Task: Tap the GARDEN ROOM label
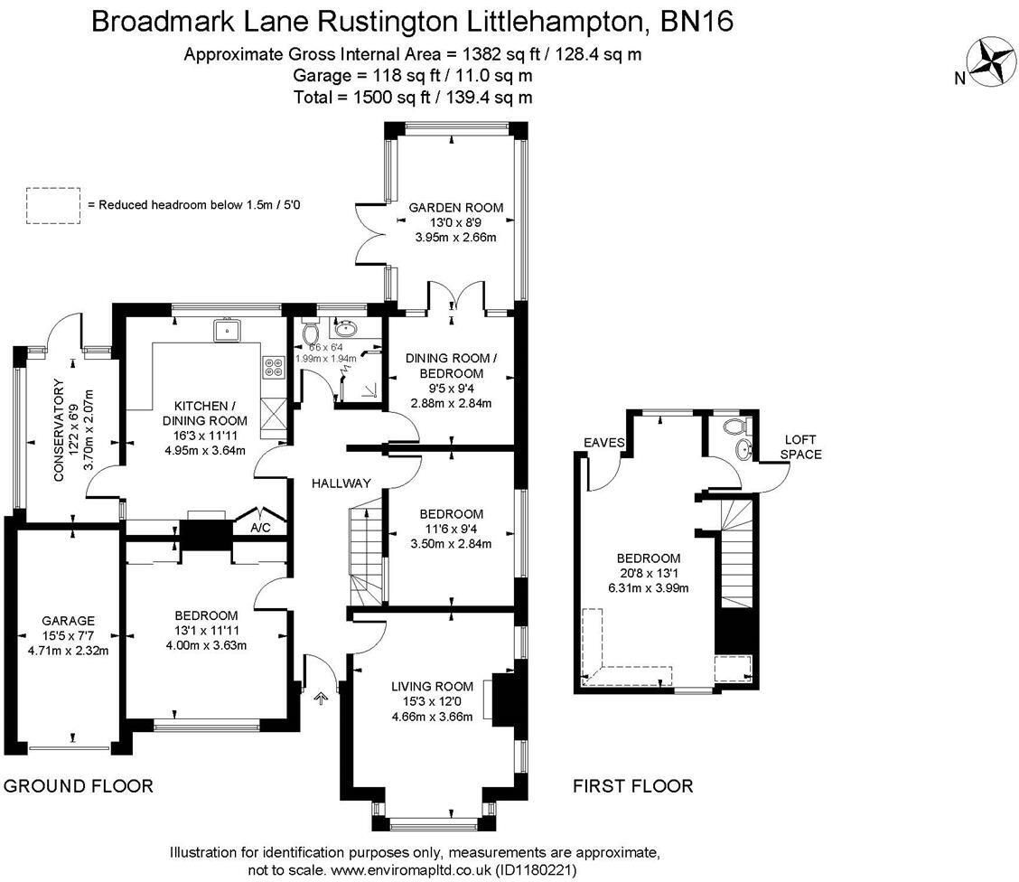(x=456, y=208)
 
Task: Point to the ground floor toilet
(x=311, y=332)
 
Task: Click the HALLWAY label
(x=341, y=483)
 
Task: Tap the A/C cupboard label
(x=260, y=527)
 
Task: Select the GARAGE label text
(x=69, y=621)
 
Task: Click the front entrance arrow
(x=321, y=698)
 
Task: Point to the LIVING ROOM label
(x=432, y=687)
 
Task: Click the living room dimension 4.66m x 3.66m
(x=432, y=717)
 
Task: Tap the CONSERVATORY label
(x=59, y=429)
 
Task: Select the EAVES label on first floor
(x=603, y=443)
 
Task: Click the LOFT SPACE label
(x=800, y=447)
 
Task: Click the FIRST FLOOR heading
(x=633, y=786)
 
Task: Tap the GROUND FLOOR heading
(x=79, y=786)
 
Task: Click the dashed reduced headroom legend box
(x=53, y=205)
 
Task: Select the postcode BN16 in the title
(x=696, y=22)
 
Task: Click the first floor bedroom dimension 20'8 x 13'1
(x=649, y=573)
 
